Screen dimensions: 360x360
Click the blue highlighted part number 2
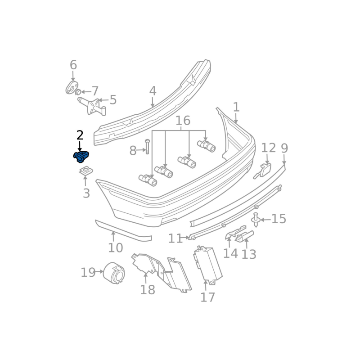(81, 157)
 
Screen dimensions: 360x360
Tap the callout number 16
(183, 120)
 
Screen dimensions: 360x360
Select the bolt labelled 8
(148, 147)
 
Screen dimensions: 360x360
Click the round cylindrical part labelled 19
(114, 273)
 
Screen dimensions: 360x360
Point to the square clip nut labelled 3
(86, 171)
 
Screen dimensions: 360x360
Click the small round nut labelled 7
(78, 92)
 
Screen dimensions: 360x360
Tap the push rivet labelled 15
(256, 220)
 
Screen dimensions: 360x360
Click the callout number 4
(153, 91)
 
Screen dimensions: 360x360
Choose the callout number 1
(236, 107)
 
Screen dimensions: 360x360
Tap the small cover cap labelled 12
(262, 171)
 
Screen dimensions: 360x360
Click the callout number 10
(116, 247)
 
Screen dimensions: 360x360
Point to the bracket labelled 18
(162, 273)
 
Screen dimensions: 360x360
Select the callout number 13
(249, 254)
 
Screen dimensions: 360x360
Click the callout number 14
(230, 253)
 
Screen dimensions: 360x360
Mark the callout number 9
(284, 148)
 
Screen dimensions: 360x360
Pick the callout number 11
(175, 238)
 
